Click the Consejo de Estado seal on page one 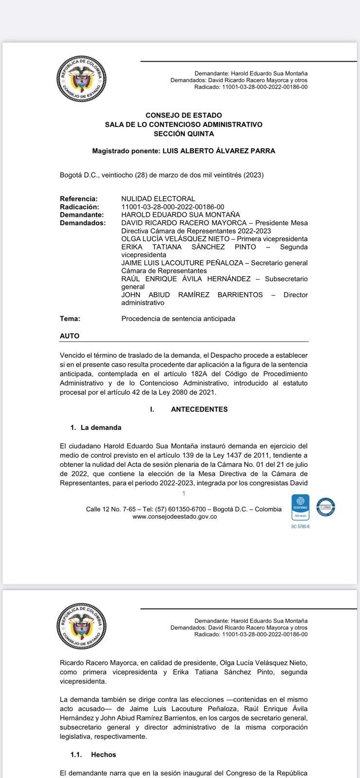pyautogui.click(x=81, y=79)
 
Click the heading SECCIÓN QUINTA pyautogui.click(x=183, y=134)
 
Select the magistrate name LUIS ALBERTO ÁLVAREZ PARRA pyautogui.click(x=218, y=151)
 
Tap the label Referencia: pyautogui.click(x=78, y=199)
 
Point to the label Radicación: pyautogui.click(x=79, y=207)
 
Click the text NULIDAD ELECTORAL pyautogui.click(x=158, y=199)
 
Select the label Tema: pyautogui.click(x=70, y=319)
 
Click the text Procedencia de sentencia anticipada pyautogui.click(x=178, y=319)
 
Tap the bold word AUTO pyautogui.click(x=70, y=336)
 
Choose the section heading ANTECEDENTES pyautogui.click(x=199, y=409)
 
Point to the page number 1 pyautogui.click(x=183, y=494)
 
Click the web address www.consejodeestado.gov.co pyautogui.click(x=175, y=516)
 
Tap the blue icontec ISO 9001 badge pyautogui.click(x=300, y=508)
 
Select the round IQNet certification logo pyautogui.click(x=325, y=507)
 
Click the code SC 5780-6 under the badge pyautogui.click(x=300, y=527)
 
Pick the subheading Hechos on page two pyautogui.click(x=103, y=755)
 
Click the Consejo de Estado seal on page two pyautogui.click(x=81, y=626)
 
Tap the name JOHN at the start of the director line pyautogui.click(x=131, y=295)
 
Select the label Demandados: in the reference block pyautogui.click(x=82, y=223)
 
